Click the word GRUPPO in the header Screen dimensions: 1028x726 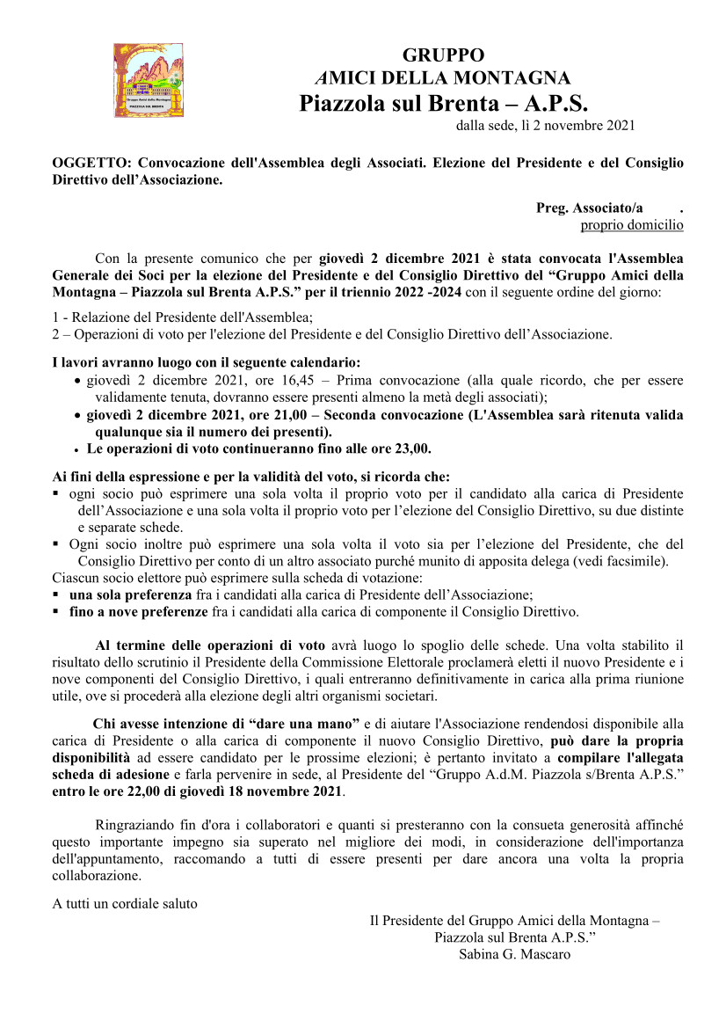point(443,55)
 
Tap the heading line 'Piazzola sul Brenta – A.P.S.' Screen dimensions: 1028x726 point(443,103)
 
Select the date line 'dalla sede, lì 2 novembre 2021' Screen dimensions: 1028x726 point(544,126)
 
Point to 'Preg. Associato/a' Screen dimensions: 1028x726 point(589,208)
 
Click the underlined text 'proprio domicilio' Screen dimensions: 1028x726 point(631,225)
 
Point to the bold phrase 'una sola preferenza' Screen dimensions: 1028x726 point(130,594)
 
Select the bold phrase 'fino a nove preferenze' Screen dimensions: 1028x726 point(139,611)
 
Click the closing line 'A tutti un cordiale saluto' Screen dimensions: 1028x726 point(125,903)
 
